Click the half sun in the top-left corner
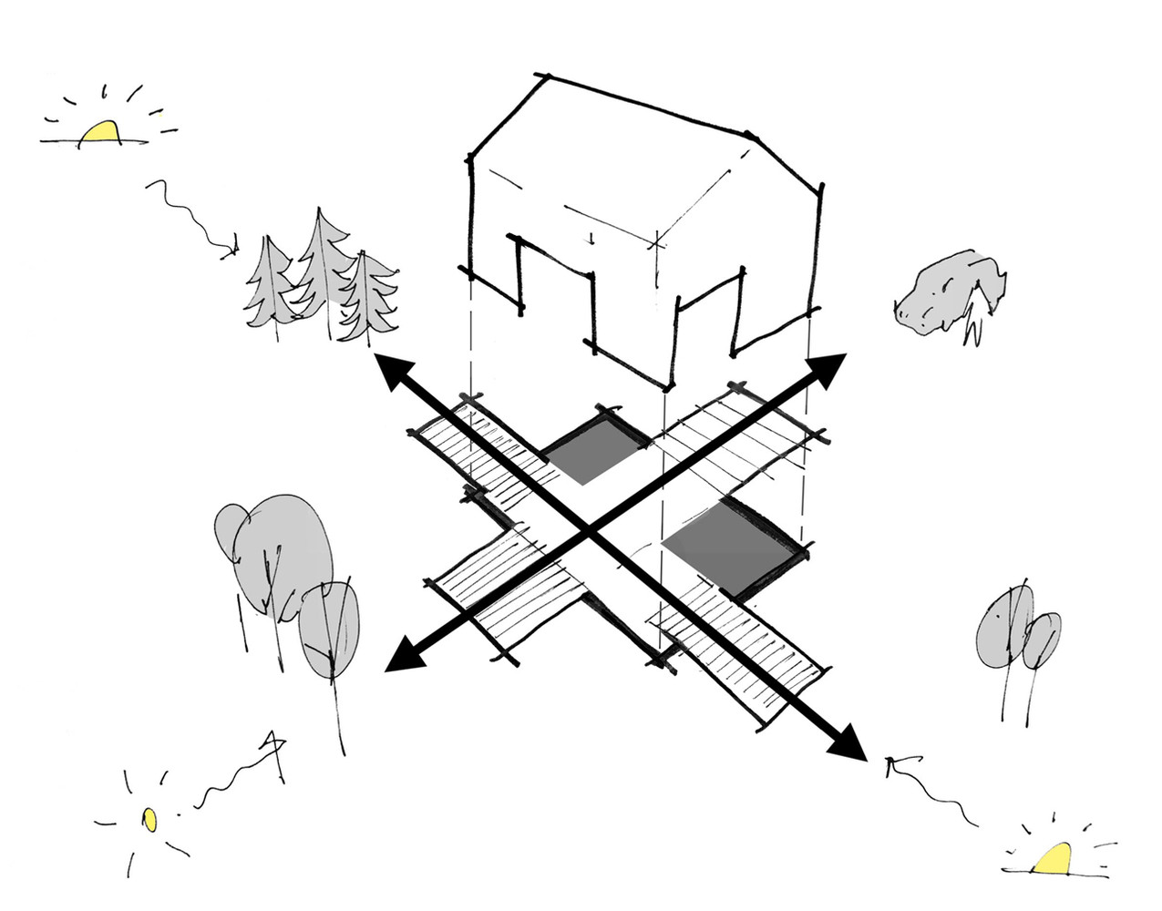[x=99, y=133]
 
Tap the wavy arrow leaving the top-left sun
[x=187, y=215]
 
